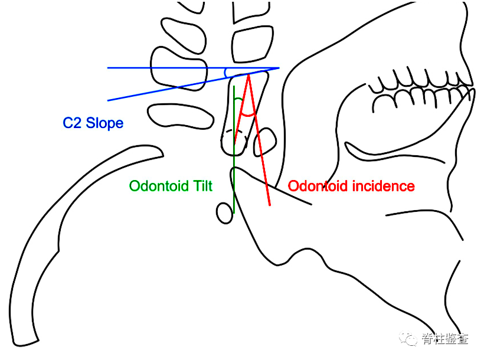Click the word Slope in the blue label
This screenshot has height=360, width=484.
[x=104, y=123]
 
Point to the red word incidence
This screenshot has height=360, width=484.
[x=384, y=186]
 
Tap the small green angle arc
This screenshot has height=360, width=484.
[x=237, y=101]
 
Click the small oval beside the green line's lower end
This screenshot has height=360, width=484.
[x=224, y=212]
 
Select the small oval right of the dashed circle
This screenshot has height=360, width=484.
[x=266, y=142]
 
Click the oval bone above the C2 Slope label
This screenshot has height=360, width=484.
[x=181, y=116]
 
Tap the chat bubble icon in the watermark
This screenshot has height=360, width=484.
[x=408, y=338]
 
